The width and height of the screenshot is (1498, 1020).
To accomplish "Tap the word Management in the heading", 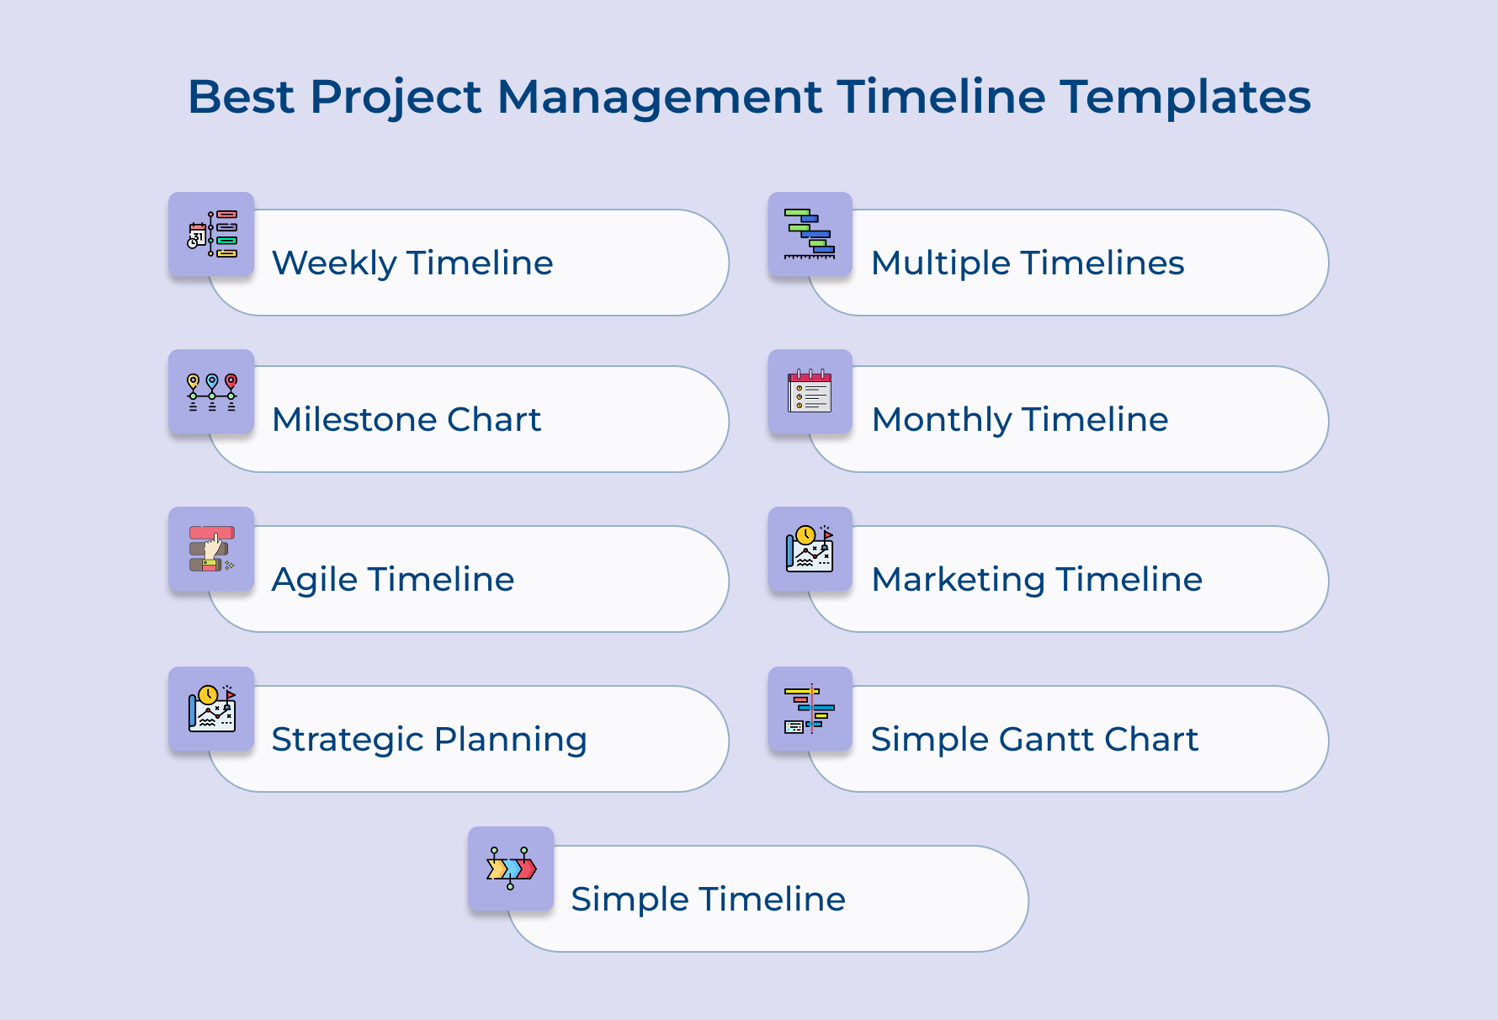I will tap(659, 97).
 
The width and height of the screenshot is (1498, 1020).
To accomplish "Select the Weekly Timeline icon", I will tap(212, 234).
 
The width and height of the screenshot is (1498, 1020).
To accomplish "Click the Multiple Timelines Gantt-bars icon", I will tap(810, 234).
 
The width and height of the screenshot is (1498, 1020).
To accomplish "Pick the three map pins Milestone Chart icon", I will tap(212, 392).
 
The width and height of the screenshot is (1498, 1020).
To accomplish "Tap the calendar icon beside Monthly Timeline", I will tap(810, 392).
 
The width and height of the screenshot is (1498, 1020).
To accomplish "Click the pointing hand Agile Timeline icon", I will tap(212, 549).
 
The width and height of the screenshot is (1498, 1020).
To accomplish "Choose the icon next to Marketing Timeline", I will tap(810, 549).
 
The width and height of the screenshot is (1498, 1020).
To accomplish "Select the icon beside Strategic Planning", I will tap(212, 709).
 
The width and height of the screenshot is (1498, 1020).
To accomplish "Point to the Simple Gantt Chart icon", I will tap(810, 709).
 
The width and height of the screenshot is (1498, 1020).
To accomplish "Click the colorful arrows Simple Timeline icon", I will tap(511, 869).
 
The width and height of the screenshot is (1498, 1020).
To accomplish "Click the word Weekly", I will tap(334, 263).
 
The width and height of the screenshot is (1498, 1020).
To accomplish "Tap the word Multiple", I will tap(941, 263).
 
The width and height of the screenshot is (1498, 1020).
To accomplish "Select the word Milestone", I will tap(354, 420).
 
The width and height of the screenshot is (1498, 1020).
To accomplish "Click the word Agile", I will tap(315, 580).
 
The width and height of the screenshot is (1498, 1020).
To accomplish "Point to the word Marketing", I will tap(959, 580).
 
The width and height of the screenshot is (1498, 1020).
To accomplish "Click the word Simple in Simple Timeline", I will tap(619, 900).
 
